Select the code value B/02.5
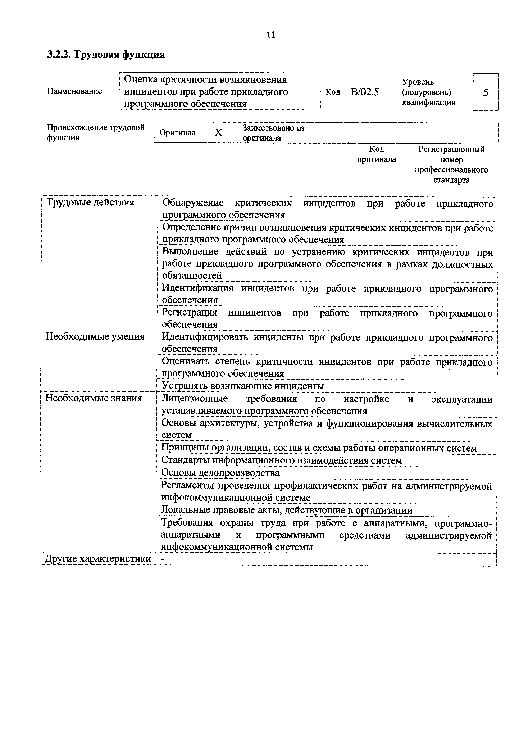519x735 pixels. coord(365,92)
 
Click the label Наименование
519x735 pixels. coord(74,91)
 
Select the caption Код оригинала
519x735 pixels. coord(377,154)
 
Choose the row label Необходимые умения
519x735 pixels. coord(95,337)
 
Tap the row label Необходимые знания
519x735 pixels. coord(94,398)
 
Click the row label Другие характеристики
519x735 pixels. coord(98,559)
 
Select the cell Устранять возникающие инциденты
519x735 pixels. coord(243,386)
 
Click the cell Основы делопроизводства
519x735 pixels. coord(220,473)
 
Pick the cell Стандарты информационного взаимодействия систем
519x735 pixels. coord(282,461)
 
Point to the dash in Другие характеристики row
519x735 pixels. coord(163,559)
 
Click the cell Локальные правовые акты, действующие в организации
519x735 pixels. coord(287,510)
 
